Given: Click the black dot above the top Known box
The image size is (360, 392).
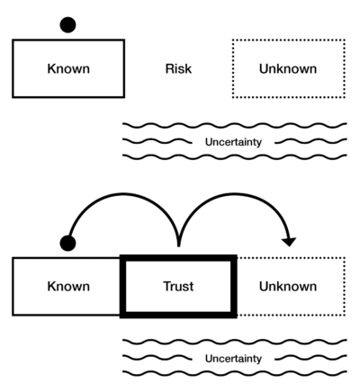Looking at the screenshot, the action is point(67,24).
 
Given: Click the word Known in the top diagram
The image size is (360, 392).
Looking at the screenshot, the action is point(68,68).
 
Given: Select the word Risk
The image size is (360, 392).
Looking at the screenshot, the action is point(178,68).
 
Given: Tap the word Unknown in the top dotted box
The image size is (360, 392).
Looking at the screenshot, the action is point(288,68).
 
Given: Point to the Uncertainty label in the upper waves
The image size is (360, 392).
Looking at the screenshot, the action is point(233,142).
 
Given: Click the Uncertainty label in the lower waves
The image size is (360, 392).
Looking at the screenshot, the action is point(233,359).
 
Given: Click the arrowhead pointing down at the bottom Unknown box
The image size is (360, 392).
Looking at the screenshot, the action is point(289,242).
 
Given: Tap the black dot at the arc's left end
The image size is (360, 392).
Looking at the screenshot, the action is point(67,243).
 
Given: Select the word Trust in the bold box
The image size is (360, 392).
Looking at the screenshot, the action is point(178,286).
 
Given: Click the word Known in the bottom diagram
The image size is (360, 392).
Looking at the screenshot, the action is point(68,286).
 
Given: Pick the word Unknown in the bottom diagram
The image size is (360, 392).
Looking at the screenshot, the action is point(288,286).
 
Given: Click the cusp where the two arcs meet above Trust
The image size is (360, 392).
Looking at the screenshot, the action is point(179,245).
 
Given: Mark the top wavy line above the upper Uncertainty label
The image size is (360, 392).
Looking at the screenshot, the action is point(235,125).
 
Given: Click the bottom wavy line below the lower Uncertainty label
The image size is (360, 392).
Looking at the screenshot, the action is point(235,373).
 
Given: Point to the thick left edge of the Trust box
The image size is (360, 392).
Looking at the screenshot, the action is point(122,286).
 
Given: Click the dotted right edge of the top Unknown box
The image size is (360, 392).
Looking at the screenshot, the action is point(345,68).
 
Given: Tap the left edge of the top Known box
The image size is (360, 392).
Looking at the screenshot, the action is point(13,68).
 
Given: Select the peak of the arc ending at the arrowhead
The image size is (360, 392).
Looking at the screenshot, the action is point(235,194).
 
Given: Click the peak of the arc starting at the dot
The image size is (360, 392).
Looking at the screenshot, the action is point(122,194).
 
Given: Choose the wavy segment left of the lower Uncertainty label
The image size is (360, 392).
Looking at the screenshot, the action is point(157,358).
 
